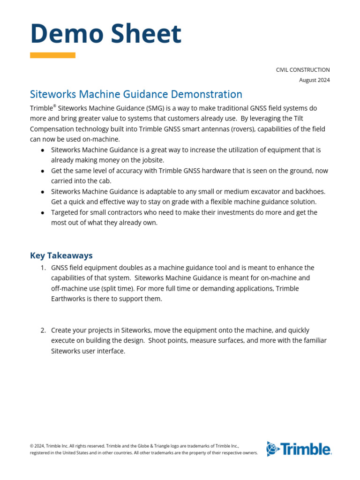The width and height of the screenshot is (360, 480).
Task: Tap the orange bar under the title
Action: (x=52, y=55)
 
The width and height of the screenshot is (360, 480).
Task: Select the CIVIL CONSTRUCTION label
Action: (x=302, y=70)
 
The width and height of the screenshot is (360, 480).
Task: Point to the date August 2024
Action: (x=314, y=80)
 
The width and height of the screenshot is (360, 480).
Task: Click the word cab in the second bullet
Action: (x=105, y=181)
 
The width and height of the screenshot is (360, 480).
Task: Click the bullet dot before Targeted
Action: (x=43, y=213)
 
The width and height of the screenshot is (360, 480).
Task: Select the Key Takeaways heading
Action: (x=61, y=255)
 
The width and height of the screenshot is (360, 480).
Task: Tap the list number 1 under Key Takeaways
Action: (x=42, y=268)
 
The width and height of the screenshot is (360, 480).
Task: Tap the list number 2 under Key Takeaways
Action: (x=42, y=330)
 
